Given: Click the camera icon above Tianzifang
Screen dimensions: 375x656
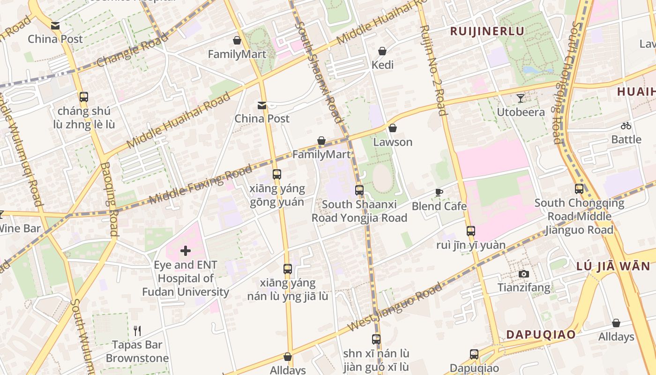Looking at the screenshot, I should pyautogui.click(x=524, y=274).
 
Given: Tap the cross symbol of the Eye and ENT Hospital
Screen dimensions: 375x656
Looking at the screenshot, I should pyautogui.click(x=186, y=251).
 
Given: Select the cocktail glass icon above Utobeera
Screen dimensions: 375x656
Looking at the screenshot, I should pyautogui.click(x=521, y=98).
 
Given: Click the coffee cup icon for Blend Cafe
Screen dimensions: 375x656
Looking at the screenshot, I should pyautogui.click(x=439, y=193).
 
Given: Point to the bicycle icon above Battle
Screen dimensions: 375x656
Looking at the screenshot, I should pyautogui.click(x=626, y=126).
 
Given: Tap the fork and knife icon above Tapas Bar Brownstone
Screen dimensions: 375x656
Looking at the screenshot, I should pyautogui.click(x=137, y=331).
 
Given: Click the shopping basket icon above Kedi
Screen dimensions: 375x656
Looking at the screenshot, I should pyautogui.click(x=382, y=51).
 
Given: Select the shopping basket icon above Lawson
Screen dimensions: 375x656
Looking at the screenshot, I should pyautogui.click(x=393, y=128).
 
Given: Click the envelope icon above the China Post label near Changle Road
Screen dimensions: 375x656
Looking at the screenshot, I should pyautogui.click(x=55, y=26).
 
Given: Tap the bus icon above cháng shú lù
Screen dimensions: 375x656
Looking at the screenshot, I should pyautogui.click(x=84, y=97).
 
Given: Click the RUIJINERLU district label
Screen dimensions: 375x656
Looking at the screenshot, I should pyautogui.click(x=487, y=31).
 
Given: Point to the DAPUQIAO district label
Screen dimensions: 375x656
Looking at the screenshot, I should pyautogui.click(x=541, y=335).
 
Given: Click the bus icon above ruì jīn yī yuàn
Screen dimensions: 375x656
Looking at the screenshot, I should pyautogui.click(x=471, y=231).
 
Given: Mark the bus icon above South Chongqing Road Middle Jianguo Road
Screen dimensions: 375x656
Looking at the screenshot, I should pyautogui.click(x=579, y=189).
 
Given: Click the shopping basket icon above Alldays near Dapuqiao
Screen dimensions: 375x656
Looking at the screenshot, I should pyautogui.click(x=616, y=323).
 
